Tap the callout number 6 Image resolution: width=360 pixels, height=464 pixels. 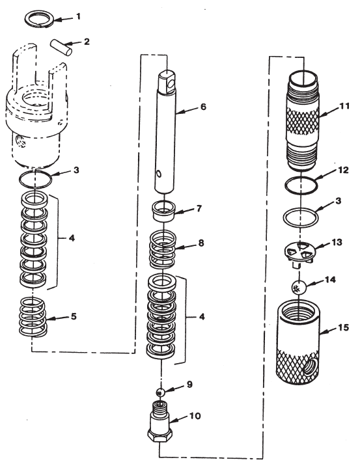(204, 104)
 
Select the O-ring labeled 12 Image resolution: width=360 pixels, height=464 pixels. (301, 184)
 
